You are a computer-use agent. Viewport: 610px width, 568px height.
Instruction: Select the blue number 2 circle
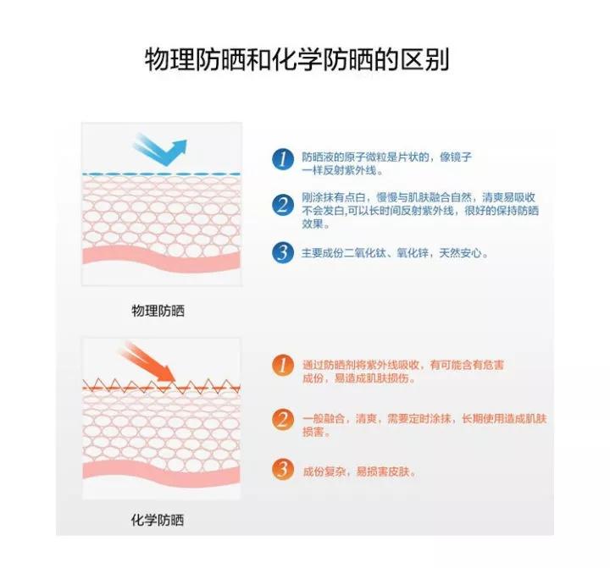282,205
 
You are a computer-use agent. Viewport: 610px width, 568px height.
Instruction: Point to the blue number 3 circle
282,252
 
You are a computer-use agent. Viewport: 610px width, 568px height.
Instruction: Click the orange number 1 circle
282,366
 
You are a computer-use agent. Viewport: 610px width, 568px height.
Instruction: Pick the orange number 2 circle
282,419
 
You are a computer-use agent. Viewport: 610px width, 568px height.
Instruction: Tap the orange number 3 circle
282,470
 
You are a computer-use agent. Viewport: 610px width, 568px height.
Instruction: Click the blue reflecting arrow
160,151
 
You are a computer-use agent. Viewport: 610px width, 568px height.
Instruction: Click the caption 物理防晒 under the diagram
158,311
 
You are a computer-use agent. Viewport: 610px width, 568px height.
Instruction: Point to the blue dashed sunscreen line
161,174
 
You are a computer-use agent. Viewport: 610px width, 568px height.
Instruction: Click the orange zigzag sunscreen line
161,387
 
